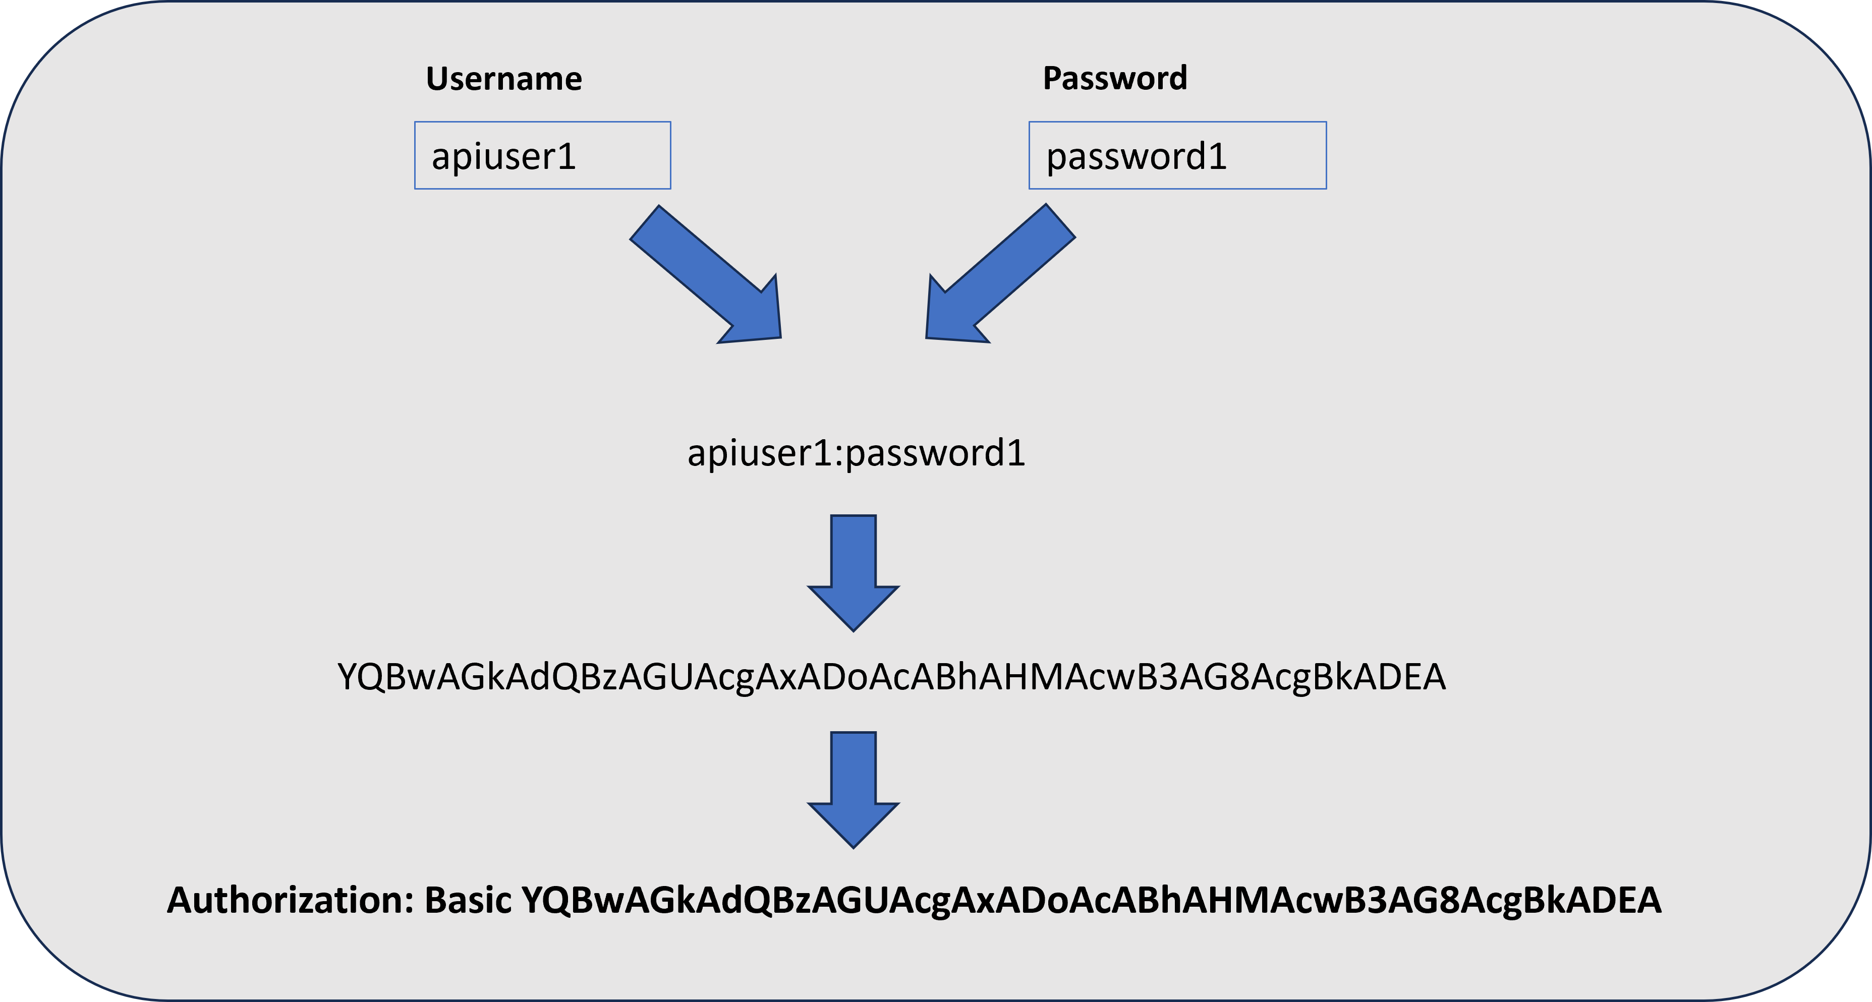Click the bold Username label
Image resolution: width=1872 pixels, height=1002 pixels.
coord(503,79)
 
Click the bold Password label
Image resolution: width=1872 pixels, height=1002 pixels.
coord(1115,79)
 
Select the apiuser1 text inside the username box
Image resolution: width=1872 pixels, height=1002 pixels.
coord(503,157)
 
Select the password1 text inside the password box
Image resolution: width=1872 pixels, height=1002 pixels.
coord(1136,157)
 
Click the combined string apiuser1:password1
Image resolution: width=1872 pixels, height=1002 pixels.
coord(856,453)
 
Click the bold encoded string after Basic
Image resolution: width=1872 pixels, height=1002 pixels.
coord(1092,900)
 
